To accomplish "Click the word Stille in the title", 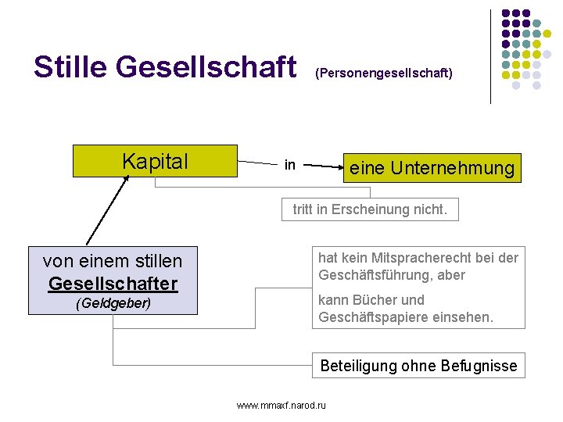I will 70,67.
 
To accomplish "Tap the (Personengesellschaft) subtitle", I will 383,73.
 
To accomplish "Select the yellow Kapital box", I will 155,162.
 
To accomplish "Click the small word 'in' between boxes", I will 290,165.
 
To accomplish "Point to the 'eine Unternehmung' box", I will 432,168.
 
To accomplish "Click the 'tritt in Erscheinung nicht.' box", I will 370,209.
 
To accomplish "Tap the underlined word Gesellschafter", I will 113,283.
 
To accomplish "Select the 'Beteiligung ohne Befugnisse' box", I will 418,365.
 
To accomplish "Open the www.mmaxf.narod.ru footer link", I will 281,405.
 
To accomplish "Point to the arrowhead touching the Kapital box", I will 126,179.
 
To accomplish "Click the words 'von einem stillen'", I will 113,261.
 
